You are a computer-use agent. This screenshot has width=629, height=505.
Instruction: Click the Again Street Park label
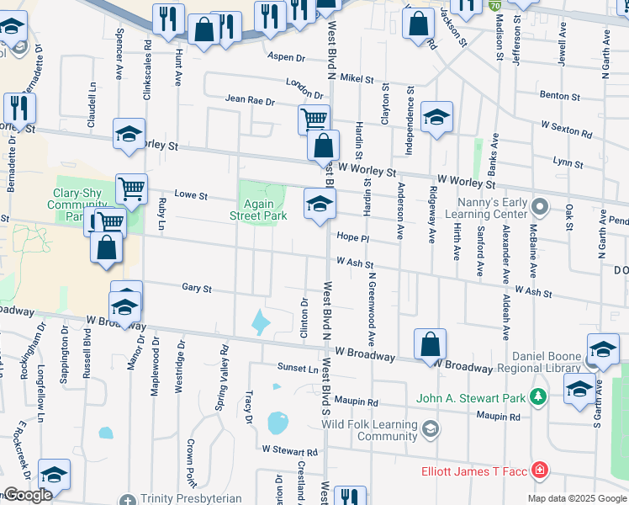coord(258,210)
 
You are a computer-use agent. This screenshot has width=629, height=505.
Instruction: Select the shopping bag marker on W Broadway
coord(429,344)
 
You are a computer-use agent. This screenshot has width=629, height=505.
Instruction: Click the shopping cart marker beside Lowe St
coord(131,189)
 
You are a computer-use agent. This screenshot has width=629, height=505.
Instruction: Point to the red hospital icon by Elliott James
coord(539,470)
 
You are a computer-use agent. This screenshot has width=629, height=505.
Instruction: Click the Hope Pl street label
coord(353,237)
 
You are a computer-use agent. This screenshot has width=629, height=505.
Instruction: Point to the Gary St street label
coord(196,288)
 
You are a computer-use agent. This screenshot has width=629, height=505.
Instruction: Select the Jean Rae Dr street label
coord(250,100)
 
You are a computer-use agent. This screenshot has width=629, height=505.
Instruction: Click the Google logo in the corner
coord(28,495)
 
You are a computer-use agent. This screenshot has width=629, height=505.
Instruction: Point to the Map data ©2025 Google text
coord(577,498)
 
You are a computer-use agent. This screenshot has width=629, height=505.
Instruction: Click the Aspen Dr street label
coord(286,57)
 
